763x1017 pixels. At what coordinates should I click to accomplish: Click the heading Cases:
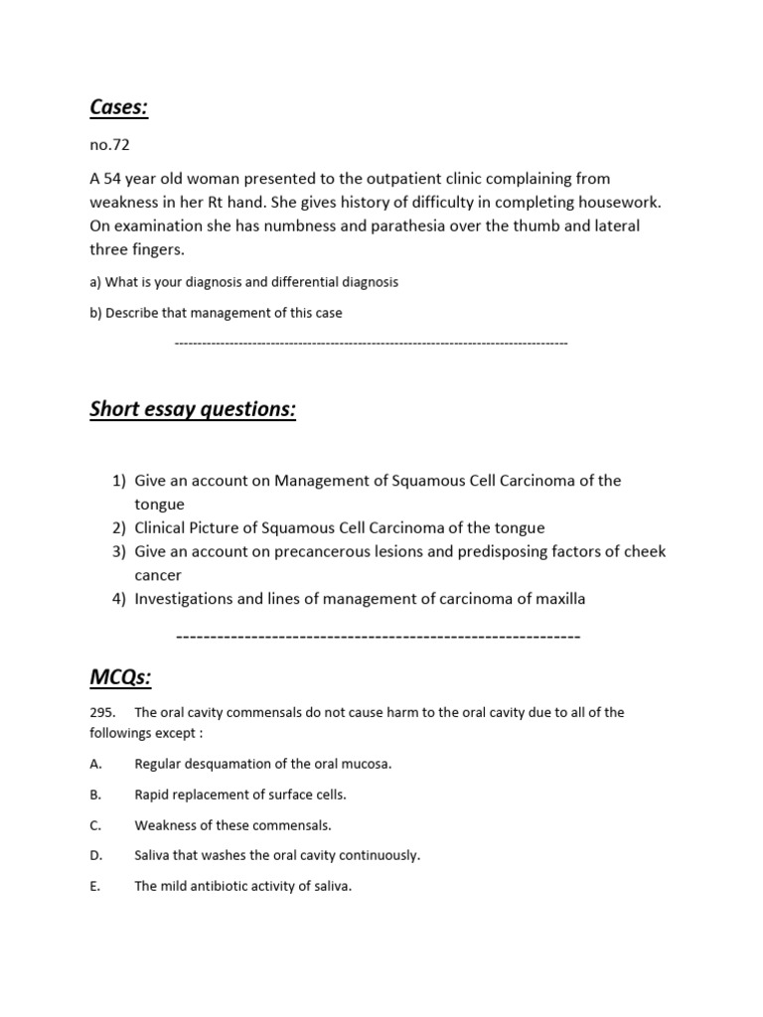118,107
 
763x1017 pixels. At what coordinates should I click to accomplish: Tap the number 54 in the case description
113,178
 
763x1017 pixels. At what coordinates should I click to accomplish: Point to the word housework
621,202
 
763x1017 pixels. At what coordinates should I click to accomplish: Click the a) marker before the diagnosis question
95,282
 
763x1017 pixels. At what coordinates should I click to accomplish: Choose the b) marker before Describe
95,313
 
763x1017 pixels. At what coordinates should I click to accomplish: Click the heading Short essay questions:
193,409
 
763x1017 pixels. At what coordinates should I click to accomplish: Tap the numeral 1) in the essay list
119,481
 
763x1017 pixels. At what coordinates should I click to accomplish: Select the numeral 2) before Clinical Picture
119,528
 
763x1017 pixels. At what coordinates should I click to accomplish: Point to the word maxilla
557,599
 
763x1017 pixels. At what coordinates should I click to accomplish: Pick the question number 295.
102,713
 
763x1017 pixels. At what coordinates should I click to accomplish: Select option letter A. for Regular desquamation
95,765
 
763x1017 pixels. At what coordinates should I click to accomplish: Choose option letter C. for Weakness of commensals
95,825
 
